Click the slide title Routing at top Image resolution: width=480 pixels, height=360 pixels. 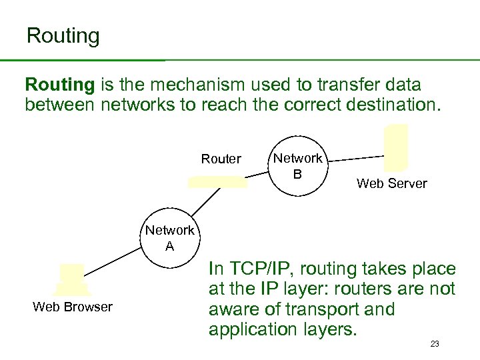click(x=63, y=35)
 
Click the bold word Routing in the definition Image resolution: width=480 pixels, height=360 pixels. click(x=60, y=85)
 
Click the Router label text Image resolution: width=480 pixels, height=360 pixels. click(x=221, y=159)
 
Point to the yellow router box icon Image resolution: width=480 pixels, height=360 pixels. click(x=218, y=182)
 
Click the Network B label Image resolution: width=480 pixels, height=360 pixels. click(x=298, y=165)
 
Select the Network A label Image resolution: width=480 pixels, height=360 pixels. click(x=170, y=237)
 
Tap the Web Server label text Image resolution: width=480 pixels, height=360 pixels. click(x=391, y=183)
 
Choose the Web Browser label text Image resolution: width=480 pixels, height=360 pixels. click(x=73, y=307)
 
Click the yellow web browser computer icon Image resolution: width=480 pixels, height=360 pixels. click(x=71, y=279)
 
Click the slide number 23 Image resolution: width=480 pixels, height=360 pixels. click(x=435, y=344)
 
